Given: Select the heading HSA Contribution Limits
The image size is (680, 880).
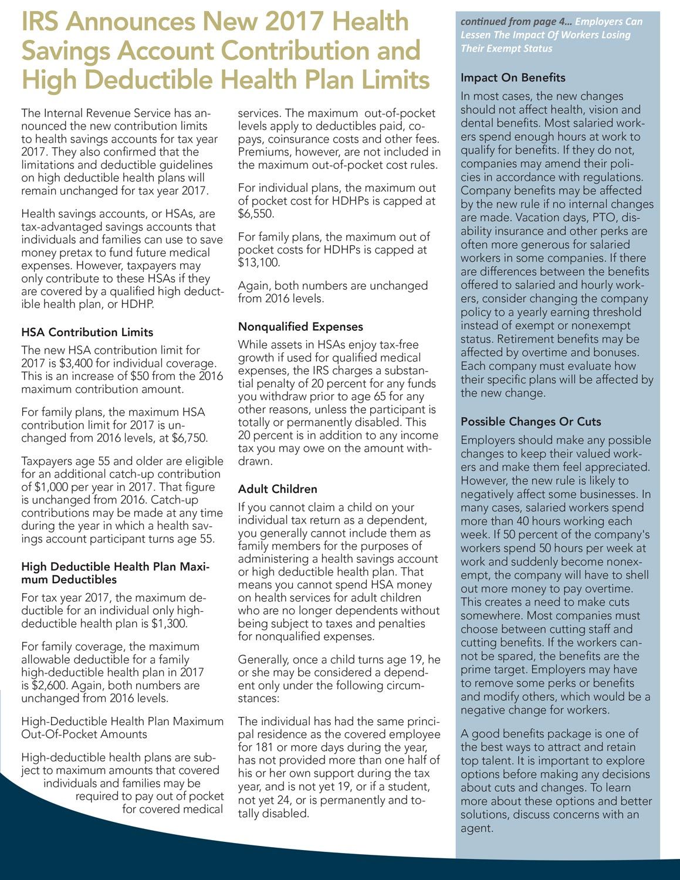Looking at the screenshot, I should point(87,332).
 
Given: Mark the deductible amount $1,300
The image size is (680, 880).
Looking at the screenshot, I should point(168,624).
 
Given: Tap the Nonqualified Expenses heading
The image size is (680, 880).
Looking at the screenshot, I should point(300,327).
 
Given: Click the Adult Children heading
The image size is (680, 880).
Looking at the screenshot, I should point(278,489).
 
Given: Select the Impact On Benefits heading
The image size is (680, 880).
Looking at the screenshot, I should point(513,77).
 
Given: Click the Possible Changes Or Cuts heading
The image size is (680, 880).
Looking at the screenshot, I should point(530,422).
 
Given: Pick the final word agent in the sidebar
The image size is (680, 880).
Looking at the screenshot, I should point(476,828).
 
